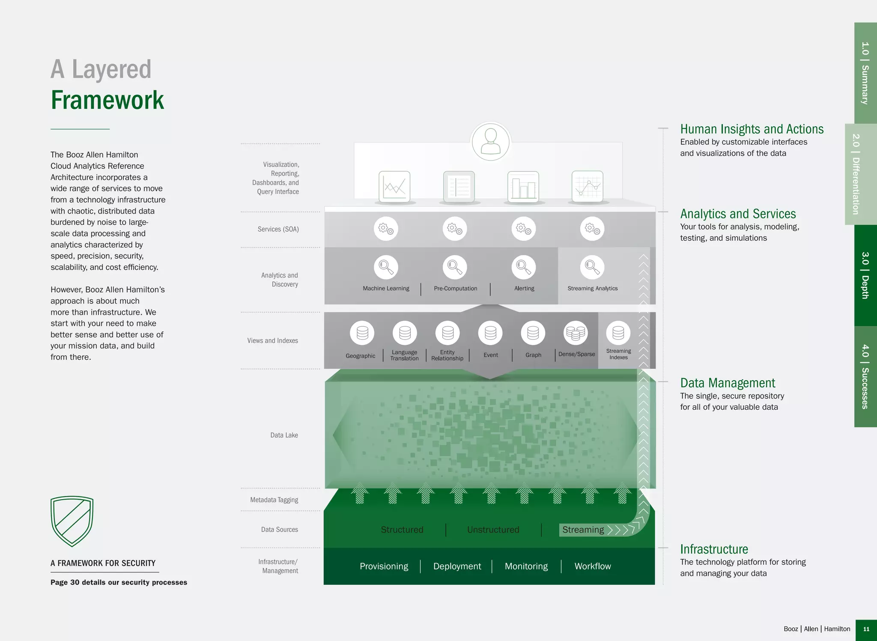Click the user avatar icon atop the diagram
click(x=490, y=142)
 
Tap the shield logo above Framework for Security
click(x=72, y=521)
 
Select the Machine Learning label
click(x=386, y=289)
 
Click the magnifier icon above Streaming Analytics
click(x=592, y=267)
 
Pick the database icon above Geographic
click(x=362, y=333)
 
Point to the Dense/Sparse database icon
click(x=576, y=333)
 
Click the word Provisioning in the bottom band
click(x=384, y=566)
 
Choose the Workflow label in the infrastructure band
click(x=593, y=566)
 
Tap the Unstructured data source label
click(x=493, y=530)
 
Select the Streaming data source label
click(x=583, y=530)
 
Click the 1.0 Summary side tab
click(x=865, y=73)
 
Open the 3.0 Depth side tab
click(x=865, y=275)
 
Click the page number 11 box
click(x=866, y=629)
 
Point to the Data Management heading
click(x=728, y=383)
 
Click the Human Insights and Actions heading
click(x=752, y=129)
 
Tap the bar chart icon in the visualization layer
click(x=523, y=187)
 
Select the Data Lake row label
click(x=284, y=435)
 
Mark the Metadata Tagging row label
click(x=274, y=500)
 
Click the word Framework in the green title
click(x=107, y=100)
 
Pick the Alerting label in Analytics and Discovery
click(x=524, y=289)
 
